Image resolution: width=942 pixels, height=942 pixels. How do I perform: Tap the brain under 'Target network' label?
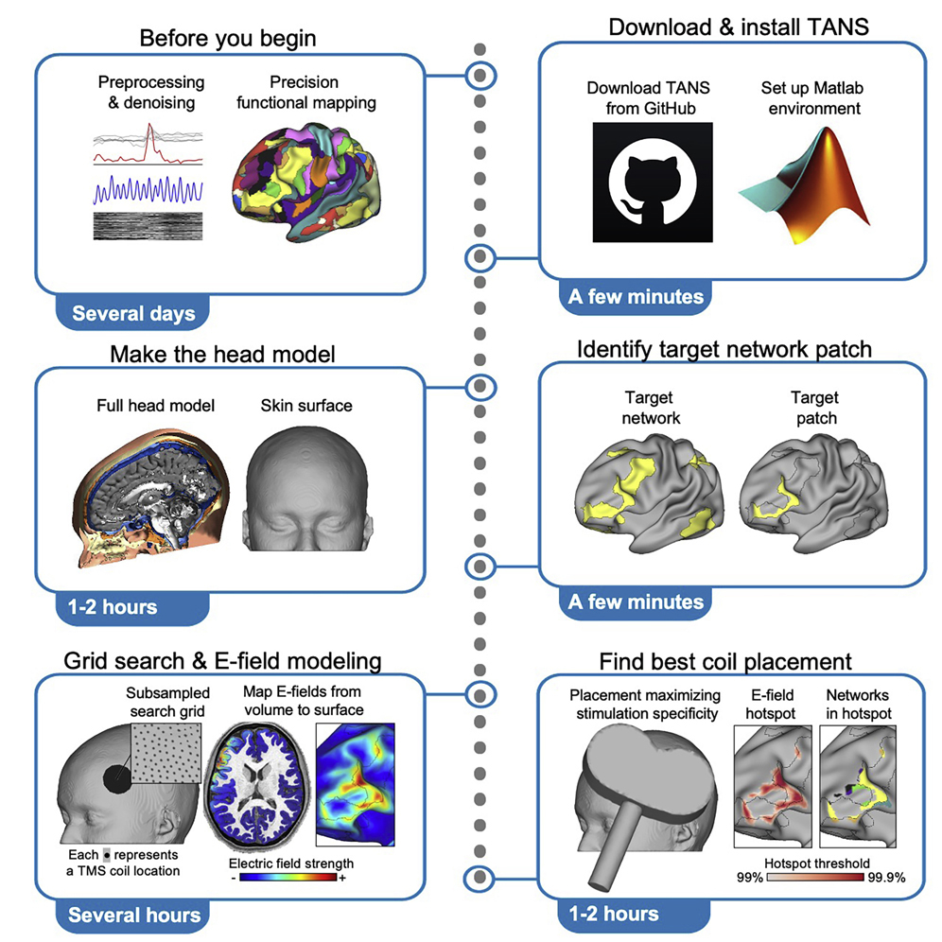tap(641, 492)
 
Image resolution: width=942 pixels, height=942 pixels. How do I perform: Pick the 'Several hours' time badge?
tap(134, 915)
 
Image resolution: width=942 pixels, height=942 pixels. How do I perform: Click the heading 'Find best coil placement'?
tap(724, 661)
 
